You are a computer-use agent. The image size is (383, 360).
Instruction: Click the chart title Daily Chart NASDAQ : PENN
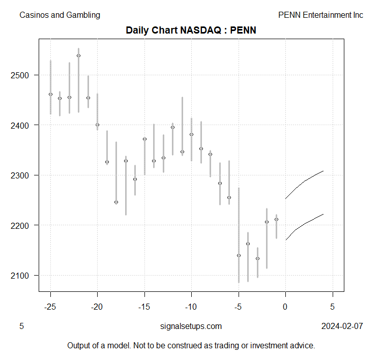tap(191, 30)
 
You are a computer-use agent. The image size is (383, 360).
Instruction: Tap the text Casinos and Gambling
tap(60, 15)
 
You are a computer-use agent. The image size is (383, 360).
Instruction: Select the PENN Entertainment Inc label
tap(320, 15)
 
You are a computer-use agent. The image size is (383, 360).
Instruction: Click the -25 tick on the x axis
tap(50, 307)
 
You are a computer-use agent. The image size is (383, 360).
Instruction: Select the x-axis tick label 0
tap(285, 307)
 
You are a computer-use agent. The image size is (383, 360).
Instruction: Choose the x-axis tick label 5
tap(333, 307)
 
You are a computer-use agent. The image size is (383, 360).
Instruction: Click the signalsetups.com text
tap(191, 326)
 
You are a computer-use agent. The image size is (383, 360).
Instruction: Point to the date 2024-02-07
tap(342, 326)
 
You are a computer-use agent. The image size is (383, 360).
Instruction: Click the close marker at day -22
tap(78, 55)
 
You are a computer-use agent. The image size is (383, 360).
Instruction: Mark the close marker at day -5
tap(239, 255)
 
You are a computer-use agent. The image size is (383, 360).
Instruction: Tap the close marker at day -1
tap(276, 220)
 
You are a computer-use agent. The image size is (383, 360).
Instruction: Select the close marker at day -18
tap(116, 202)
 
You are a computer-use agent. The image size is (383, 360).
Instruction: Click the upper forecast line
tap(305, 181)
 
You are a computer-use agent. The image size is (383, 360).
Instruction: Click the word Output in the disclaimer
tap(79, 345)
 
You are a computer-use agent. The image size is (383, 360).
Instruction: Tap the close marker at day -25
tap(50, 94)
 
